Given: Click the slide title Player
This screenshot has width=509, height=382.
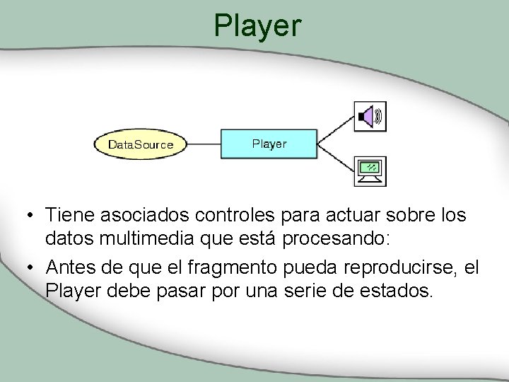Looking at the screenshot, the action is point(257,26).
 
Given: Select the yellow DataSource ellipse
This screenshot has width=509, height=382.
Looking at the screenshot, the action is point(140,145).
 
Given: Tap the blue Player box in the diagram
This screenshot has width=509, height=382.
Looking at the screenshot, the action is point(269,144).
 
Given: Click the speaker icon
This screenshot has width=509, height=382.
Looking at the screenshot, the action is point(370,116).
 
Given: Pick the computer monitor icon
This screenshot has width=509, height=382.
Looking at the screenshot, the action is point(370,170).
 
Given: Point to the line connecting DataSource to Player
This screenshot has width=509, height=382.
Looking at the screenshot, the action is point(204,144).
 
